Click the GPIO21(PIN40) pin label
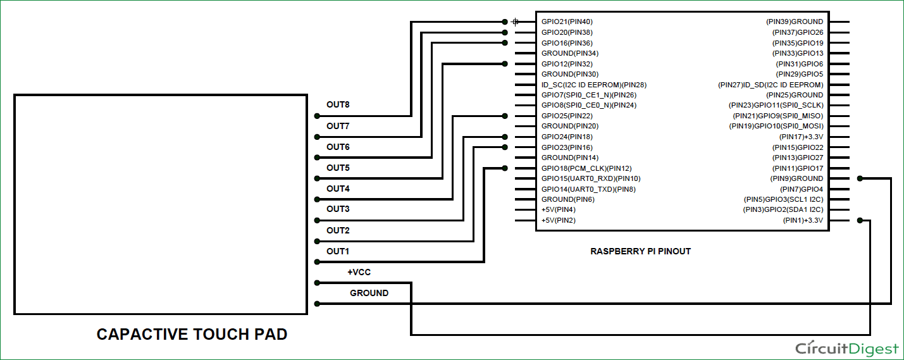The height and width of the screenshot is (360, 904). click(x=567, y=22)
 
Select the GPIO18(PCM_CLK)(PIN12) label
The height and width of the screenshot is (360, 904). click(x=586, y=168)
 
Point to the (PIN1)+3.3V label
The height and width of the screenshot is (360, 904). click(x=803, y=221)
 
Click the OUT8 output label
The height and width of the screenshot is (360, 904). click(x=338, y=105)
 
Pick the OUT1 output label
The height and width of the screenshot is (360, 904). click(x=338, y=251)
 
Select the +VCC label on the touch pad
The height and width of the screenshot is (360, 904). click(x=359, y=272)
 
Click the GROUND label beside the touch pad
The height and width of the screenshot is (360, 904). click(x=369, y=293)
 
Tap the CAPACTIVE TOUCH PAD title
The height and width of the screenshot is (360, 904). click(x=192, y=334)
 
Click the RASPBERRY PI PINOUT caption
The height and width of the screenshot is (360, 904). click(x=640, y=251)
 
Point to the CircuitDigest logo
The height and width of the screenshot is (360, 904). click(x=846, y=348)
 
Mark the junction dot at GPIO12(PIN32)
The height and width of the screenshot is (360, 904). click(x=504, y=64)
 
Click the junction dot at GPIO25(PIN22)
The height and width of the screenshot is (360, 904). click(x=504, y=116)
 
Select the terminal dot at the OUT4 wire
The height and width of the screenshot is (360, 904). click(x=316, y=199)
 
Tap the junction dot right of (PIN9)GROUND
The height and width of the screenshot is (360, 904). click(x=859, y=178)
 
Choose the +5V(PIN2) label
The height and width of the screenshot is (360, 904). click(x=559, y=221)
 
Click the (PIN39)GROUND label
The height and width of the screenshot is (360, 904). click(x=795, y=22)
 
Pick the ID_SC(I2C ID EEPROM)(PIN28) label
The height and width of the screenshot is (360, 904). click(x=594, y=85)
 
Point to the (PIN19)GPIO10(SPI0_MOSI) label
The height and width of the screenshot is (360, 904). click(x=776, y=127)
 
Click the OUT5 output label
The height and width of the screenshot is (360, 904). click(x=338, y=168)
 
